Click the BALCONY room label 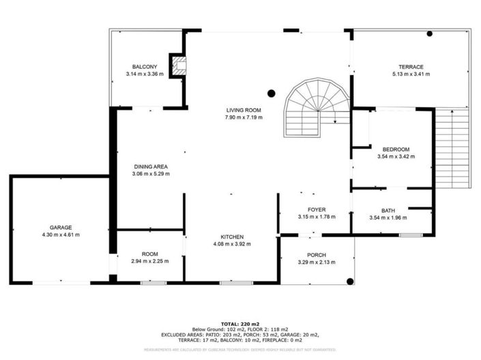click(x=145, y=66)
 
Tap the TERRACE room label click(x=411, y=66)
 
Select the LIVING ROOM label click(x=244, y=110)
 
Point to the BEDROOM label click(x=396, y=149)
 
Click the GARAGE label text click(x=60, y=227)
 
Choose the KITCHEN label click(x=228, y=237)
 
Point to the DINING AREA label click(x=151, y=166)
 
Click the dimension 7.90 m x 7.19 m click(x=244, y=117)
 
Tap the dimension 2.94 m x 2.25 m click(x=150, y=260)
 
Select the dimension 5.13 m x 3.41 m click(x=411, y=74)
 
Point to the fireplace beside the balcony click(x=179, y=65)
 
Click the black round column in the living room click(x=271, y=93)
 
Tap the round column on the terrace click(x=430, y=33)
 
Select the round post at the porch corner click(x=350, y=280)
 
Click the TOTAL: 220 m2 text click(x=240, y=323)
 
